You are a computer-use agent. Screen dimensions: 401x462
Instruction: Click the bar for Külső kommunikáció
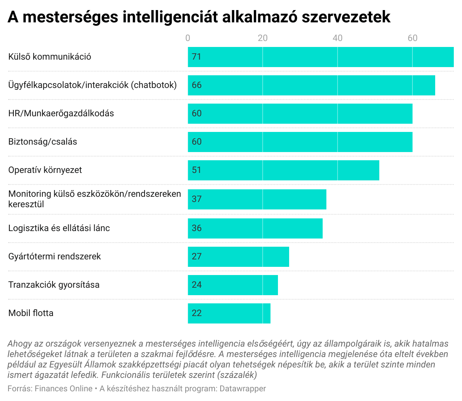click(x=320, y=57)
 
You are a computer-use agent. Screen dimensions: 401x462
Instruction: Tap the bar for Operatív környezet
click(x=283, y=170)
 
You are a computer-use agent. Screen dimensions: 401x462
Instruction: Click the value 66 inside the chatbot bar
click(x=197, y=85)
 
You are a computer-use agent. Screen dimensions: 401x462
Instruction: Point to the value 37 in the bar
click(x=197, y=199)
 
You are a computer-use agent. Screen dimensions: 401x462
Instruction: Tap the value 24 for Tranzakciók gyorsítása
click(x=197, y=285)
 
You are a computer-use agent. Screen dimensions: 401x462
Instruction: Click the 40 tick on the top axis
click(x=338, y=38)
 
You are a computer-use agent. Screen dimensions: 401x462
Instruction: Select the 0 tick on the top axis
click(x=188, y=38)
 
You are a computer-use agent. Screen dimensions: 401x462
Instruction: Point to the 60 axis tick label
click(x=412, y=38)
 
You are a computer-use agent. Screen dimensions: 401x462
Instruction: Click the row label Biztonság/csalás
click(x=43, y=142)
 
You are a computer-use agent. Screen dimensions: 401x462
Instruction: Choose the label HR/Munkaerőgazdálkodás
click(x=61, y=113)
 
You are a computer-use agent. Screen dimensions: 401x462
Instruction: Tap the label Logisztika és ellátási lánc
click(x=59, y=228)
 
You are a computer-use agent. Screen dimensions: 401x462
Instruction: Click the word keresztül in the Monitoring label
click(x=26, y=204)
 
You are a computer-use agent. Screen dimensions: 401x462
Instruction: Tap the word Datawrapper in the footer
click(x=243, y=389)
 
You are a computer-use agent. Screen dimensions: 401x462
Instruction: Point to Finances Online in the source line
click(x=63, y=389)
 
